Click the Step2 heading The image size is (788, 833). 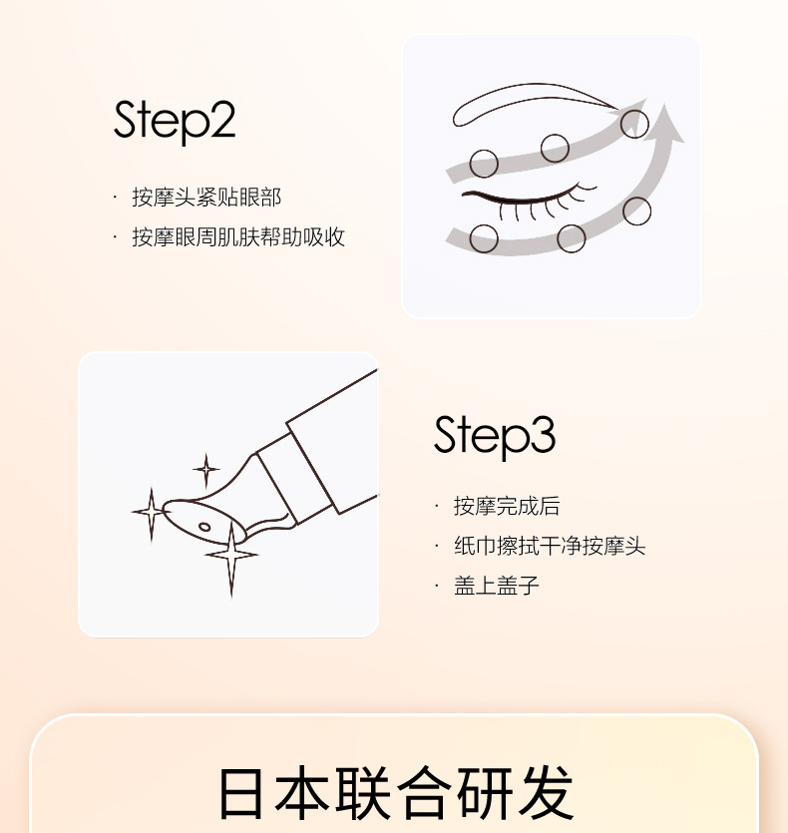coord(175,121)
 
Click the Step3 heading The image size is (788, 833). coord(494,435)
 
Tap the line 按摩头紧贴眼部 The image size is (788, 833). coord(206,198)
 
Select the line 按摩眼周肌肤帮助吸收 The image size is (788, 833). coord(238,237)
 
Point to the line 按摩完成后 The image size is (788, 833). coord(507,506)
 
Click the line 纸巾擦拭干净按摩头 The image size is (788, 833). coord(550,546)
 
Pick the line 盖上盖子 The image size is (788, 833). coord(497,586)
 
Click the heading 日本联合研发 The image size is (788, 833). coord(396,793)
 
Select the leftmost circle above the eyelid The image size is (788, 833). coord(484,163)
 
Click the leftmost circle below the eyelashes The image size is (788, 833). coord(484,238)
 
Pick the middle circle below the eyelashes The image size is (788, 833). coord(572,238)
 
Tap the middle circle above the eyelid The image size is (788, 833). coord(556,149)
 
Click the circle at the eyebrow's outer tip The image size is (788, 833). coord(634,124)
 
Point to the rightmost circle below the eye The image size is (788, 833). coord(637,211)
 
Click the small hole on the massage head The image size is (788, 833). coord(204,526)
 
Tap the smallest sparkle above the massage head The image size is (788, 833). coord(206,470)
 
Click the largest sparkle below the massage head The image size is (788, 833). coord(231,555)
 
